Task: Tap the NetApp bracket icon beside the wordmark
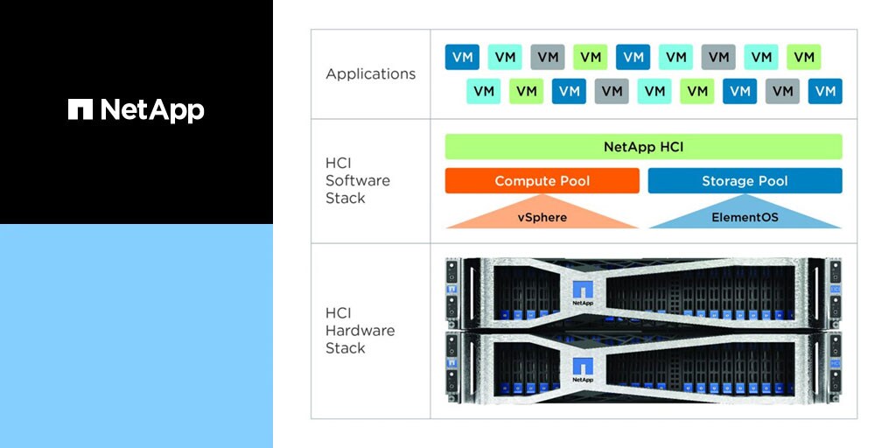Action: (80, 109)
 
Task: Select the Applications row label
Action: (370, 74)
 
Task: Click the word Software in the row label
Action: (358, 180)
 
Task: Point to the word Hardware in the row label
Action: (360, 331)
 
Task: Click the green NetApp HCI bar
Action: (643, 147)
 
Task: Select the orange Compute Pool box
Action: (542, 181)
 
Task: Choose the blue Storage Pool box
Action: (745, 181)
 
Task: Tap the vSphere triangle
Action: (542, 215)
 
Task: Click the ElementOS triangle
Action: (745, 215)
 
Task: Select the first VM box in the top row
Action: (462, 58)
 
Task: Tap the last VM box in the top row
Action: (803, 58)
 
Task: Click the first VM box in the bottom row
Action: (483, 91)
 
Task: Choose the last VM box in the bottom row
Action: (824, 91)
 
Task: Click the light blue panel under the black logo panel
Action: (136, 336)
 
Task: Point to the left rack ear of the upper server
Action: (452, 293)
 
